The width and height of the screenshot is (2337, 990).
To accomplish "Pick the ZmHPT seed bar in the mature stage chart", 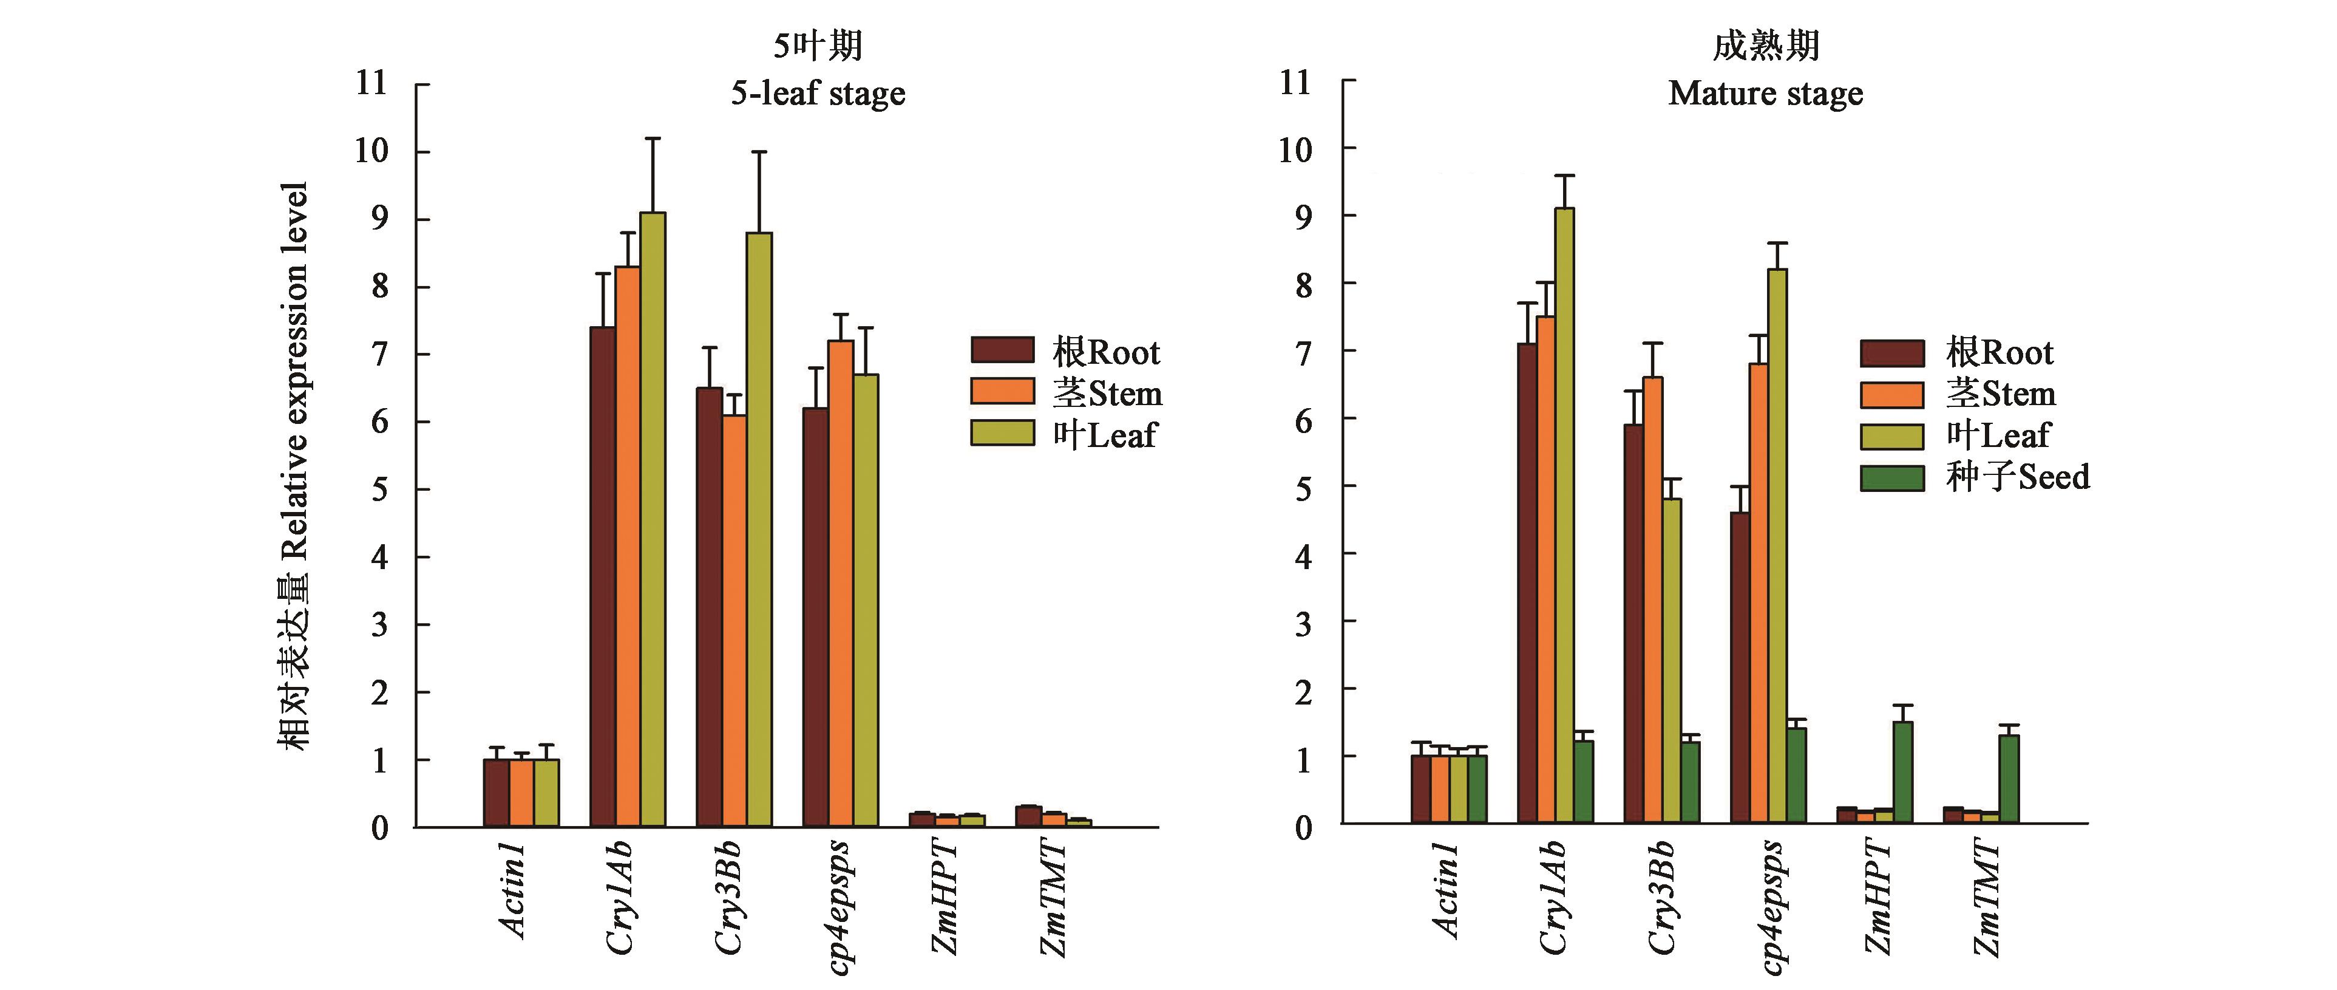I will [1904, 772].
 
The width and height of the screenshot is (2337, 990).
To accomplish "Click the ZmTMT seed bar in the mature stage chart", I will [2009, 779].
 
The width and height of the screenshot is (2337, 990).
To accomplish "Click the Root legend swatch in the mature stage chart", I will [1891, 353].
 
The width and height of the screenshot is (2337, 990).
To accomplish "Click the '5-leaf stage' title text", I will [818, 94].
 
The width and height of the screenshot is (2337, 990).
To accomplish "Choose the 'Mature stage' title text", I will [1765, 94].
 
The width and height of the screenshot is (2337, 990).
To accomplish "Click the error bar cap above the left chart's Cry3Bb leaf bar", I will [759, 152].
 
